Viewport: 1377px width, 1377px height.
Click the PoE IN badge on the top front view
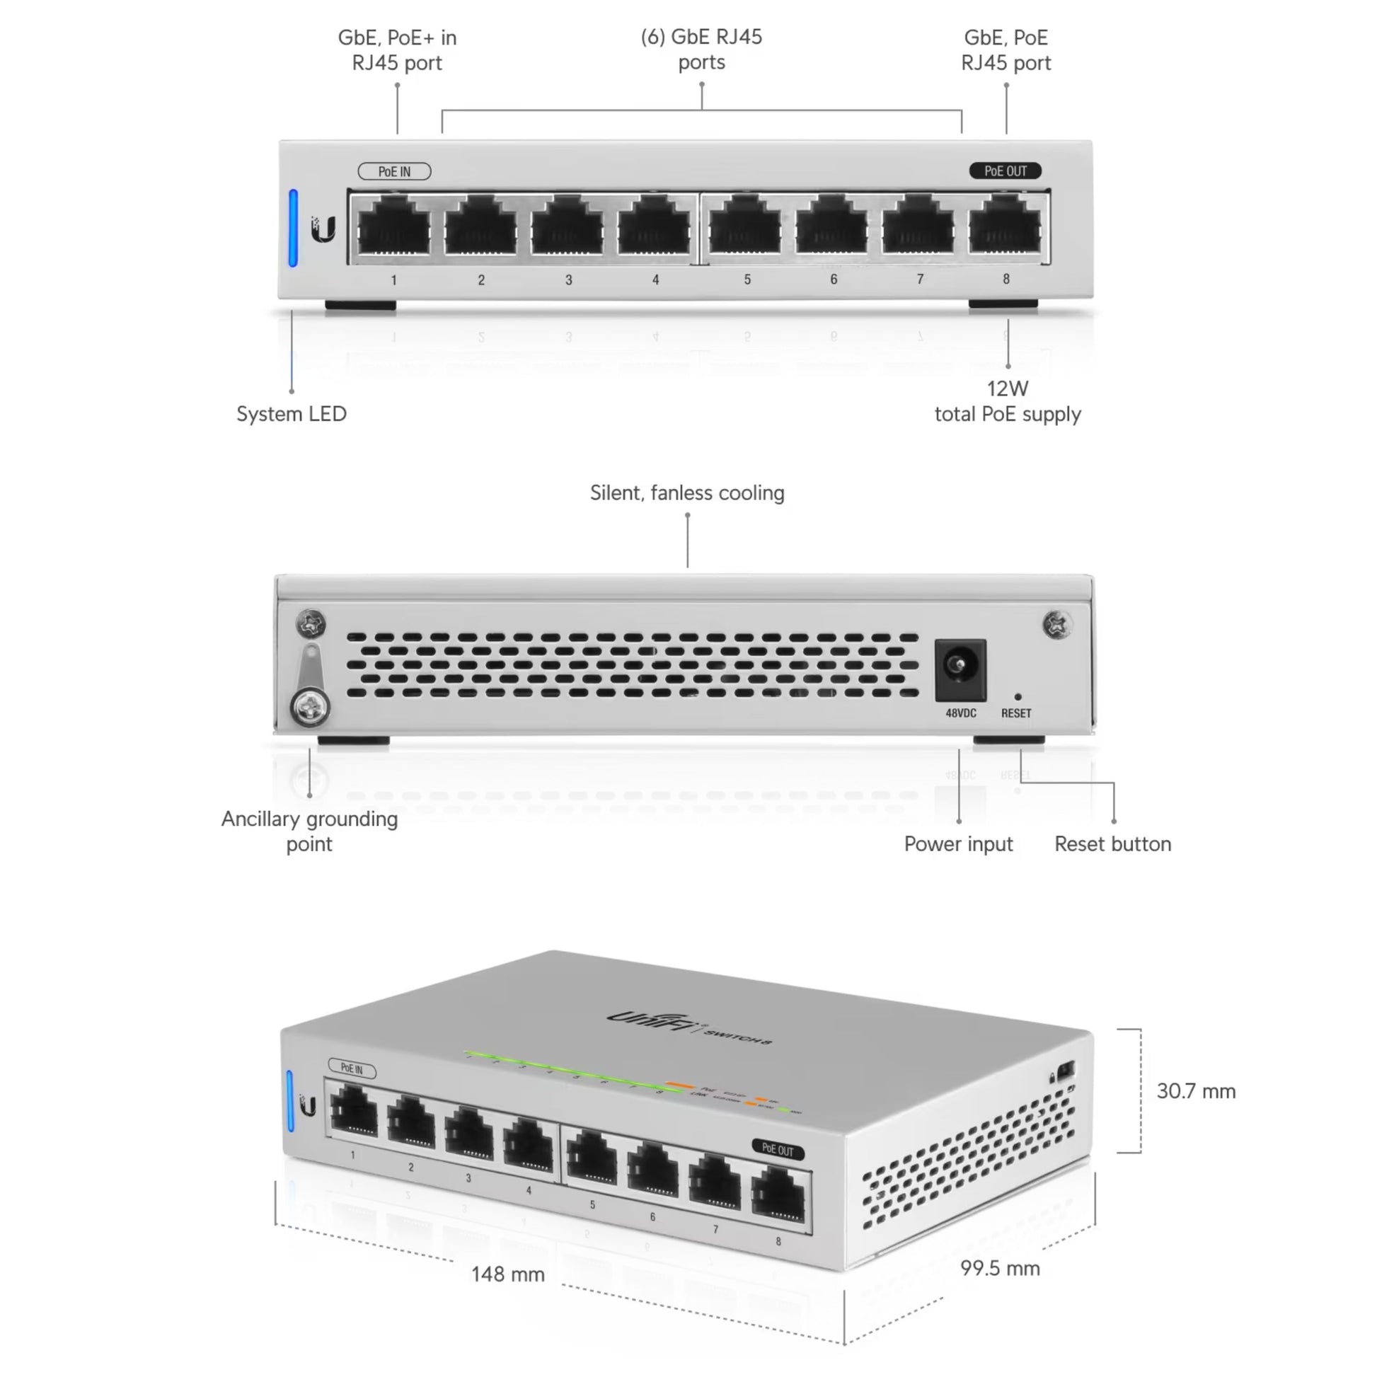pos(394,172)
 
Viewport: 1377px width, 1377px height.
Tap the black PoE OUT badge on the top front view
pos(1005,171)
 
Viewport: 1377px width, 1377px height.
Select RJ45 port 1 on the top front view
pos(394,226)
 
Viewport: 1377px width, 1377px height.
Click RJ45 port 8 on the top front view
pos(1005,226)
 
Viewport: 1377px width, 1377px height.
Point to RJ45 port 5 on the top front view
pos(746,226)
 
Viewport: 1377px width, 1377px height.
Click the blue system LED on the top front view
pos(293,228)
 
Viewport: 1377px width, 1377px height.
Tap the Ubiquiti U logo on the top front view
pos(323,229)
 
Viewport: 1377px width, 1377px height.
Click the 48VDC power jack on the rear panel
pos(960,668)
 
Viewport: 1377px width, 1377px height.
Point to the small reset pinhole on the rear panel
pos(1017,697)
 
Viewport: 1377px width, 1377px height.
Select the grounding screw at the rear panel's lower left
pos(311,708)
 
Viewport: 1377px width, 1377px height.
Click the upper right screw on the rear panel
pos(1056,625)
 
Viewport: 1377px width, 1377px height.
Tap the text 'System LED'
pos(292,414)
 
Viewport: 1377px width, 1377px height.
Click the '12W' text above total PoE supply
pos(1007,389)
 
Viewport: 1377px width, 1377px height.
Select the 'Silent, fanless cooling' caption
pos(687,493)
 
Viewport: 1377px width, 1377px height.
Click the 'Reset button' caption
pos(1112,844)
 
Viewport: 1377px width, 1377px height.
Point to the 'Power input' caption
pos(958,844)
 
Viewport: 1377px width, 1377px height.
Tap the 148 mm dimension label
pos(507,1274)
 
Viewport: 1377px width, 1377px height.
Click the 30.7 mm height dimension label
pos(1195,1091)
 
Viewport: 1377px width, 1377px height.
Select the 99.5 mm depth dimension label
pos(999,1269)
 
